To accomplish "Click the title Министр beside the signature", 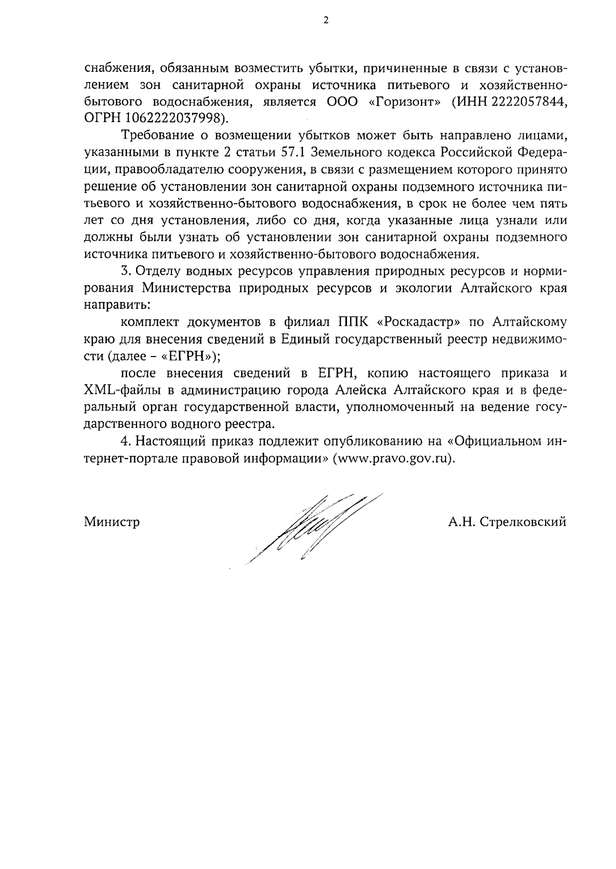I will pos(112,522).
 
